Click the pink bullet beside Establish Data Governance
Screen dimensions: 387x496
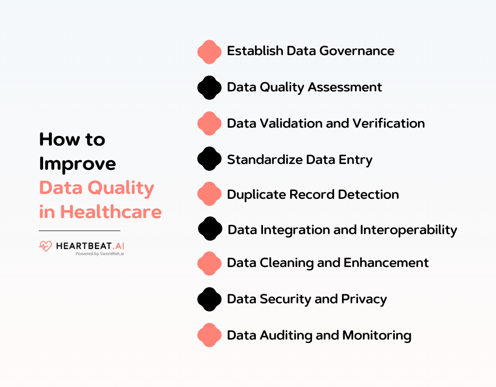tap(209, 52)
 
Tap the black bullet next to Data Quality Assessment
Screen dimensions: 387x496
tap(209, 88)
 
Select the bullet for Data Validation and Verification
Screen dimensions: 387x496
tap(209, 123)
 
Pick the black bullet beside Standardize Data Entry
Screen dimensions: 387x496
tap(209, 159)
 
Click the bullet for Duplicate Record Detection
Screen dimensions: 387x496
tap(209, 194)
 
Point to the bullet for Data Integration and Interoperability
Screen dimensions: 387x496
tap(210, 229)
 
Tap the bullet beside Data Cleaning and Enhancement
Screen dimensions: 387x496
tap(209, 263)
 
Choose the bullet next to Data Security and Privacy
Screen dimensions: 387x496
tap(209, 299)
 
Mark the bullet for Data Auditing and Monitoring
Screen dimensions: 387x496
tap(209, 335)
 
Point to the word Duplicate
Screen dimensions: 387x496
tap(256, 194)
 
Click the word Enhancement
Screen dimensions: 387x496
tap(386, 263)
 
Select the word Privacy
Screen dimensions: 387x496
tap(364, 299)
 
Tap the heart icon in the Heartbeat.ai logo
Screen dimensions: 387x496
tap(46, 246)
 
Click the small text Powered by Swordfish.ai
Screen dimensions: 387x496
tap(100, 253)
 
